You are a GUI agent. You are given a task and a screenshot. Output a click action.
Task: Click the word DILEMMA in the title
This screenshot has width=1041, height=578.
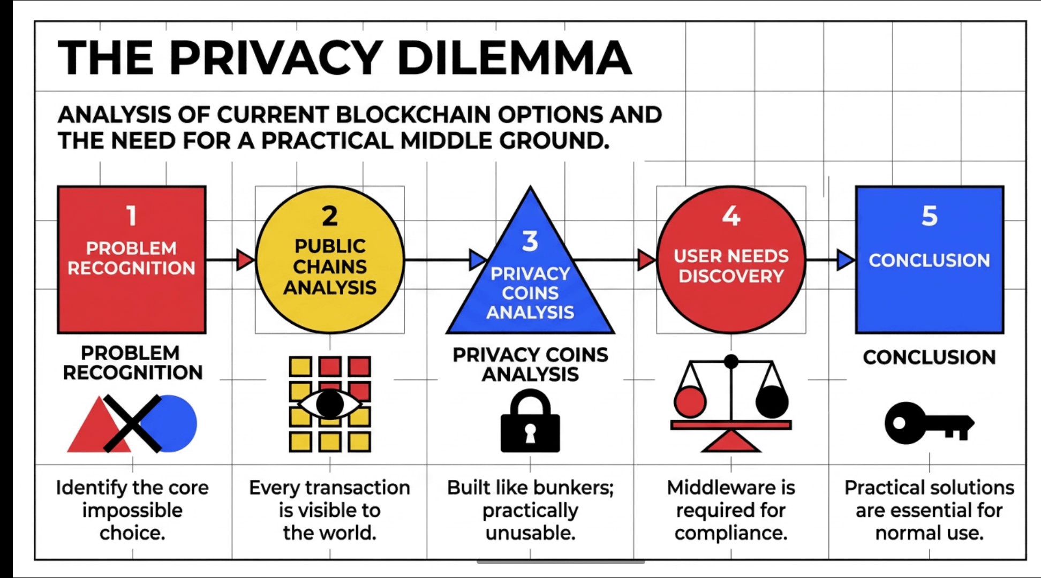point(514,58)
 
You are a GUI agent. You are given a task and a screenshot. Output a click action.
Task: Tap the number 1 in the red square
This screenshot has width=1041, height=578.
point(131,216)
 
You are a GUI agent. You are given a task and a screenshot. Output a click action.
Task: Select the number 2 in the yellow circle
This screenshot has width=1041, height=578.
point(330,216)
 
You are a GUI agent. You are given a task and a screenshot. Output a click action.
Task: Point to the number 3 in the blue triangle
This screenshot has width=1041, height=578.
point(530,241)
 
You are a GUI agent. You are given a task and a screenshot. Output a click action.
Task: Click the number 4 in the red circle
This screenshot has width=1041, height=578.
point(731,216)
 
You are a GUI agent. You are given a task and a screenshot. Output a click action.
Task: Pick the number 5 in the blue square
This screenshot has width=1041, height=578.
point(930,216)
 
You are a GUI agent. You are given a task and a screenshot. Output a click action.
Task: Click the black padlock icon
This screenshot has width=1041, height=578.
point(530,423)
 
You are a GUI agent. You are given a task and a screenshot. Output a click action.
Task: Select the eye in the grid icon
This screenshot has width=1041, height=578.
point(330,404)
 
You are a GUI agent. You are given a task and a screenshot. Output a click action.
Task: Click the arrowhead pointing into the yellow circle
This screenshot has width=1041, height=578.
point(245,260)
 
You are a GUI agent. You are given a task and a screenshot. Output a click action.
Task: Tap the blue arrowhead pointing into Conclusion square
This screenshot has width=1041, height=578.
point(846,260)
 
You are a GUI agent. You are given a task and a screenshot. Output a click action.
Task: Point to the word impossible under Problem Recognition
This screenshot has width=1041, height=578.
point(132,511)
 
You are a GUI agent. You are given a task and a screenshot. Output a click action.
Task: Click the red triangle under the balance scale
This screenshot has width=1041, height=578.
point(731,442)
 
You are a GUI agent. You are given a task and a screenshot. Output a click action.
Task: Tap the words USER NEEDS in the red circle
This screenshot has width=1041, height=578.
point(731,256)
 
